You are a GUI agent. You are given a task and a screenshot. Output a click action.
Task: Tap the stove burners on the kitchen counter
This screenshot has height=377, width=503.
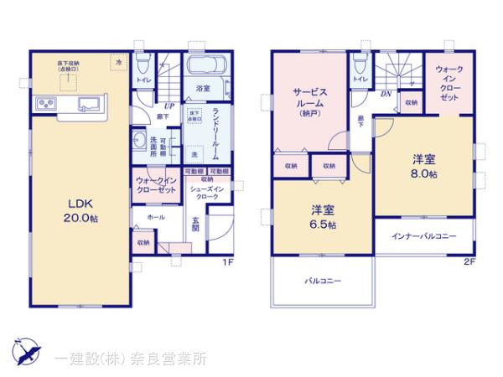click(x=45, y=104)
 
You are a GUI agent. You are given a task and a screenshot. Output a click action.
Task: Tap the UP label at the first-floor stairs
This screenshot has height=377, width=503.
click(x=169, y=106)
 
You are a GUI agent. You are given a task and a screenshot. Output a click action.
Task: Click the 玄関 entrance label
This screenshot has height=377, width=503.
click(x=194, y=225)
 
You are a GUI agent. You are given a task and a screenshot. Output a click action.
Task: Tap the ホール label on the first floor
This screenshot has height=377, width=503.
click(x=156, y=217)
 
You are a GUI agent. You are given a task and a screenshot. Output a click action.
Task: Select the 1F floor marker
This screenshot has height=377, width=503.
click(x=226, y=263)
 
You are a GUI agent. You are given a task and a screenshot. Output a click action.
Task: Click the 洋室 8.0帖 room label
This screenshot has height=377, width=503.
click(x=423, y=166)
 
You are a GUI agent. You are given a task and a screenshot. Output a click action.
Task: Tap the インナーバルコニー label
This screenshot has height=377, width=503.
click(x=423, y=236)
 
